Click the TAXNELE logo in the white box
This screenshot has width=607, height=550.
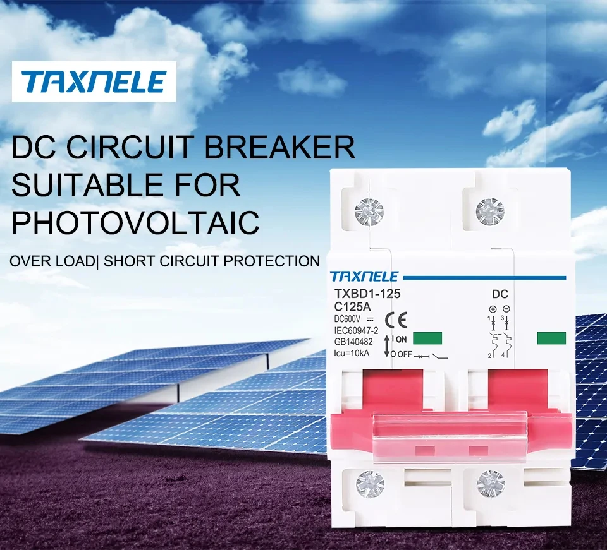(x=94, y=81)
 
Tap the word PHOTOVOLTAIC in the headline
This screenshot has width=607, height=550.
(x=136, y=222)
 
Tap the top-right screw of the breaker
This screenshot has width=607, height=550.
(x=490, y=212)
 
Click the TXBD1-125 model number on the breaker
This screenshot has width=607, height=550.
(x=367, y=294)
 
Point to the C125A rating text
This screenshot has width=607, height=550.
(x=353, y=306)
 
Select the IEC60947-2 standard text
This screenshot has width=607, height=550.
(x=355, y=330)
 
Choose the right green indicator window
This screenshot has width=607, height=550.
(x=551, y=338)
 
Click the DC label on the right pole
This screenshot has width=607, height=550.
(x=500, y=294)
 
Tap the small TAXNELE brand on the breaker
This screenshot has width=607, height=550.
(x=364, y=277)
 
